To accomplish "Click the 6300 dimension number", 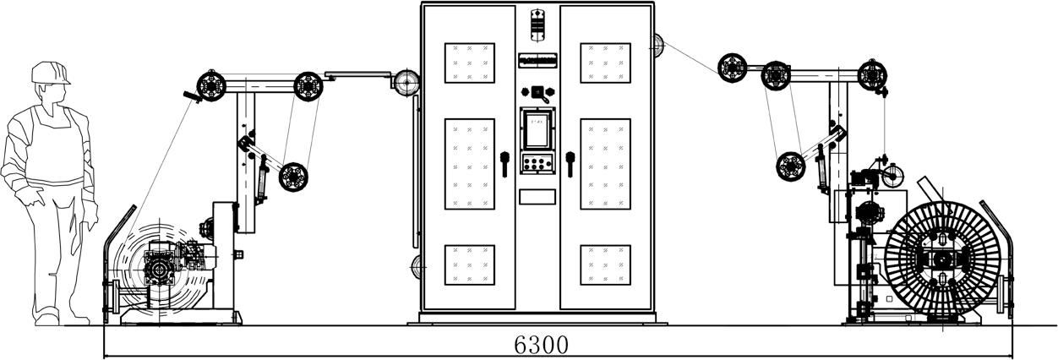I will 541,345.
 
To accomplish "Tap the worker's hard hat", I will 50,73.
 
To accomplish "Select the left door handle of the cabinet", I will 504,162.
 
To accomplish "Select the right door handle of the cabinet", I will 570,162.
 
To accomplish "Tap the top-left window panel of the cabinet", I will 469,63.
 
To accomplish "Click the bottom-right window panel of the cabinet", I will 605,265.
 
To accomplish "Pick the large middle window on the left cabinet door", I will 469,164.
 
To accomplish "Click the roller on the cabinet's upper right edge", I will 657,43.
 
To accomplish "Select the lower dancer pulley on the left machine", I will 293,176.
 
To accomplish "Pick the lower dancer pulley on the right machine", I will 791,166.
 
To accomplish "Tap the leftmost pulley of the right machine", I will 732,67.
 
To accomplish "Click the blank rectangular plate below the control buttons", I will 537,196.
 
